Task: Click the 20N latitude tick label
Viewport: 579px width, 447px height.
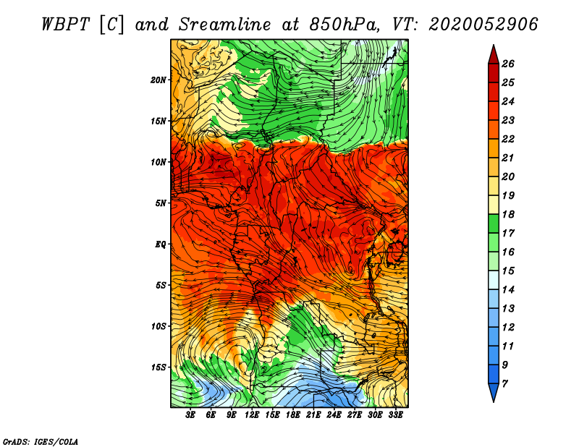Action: click(159, 80)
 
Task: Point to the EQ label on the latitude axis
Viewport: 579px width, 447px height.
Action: click(161, 244)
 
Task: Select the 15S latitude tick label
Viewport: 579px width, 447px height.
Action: click(159, 367)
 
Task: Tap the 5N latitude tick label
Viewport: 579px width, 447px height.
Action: click(161, 203)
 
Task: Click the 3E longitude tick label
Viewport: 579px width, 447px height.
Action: click(190, 415)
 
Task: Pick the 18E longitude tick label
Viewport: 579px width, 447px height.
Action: click(293, 415)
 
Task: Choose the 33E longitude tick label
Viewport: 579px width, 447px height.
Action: click(395, 415)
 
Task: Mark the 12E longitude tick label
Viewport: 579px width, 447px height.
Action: click(252, 415)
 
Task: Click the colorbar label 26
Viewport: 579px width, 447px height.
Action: click(508, 64)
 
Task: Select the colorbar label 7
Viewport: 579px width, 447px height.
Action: click(504, 384)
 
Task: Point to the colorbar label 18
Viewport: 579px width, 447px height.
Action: click(508, 214)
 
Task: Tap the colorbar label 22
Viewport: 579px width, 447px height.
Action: click(508, 139)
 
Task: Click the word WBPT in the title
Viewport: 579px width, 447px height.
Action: click(65, 25)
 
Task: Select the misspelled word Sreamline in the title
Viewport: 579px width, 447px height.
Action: click(225, 25)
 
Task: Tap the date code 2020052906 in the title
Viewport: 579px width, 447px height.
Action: click(483, 25)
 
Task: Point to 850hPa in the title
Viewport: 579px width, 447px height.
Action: click(345, 25)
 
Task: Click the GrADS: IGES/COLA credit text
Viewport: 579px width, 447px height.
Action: click(41, 441)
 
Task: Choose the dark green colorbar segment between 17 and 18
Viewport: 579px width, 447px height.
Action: click(494, 223)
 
